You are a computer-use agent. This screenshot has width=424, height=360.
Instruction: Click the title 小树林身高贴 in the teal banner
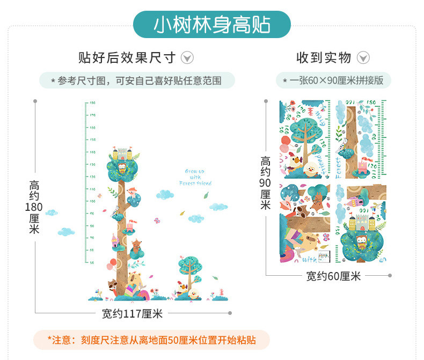(x=212, y=25)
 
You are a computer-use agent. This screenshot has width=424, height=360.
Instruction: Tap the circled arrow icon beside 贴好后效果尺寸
(x=187, y=57)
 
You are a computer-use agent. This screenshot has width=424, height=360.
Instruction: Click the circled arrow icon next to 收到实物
(x=363, y=57)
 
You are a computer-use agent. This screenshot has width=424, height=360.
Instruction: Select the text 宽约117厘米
(x=132, y=313)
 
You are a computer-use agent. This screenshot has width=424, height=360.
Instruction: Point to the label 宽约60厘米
(x=333, y=276)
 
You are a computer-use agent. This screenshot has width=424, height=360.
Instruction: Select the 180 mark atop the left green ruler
(x=92, y=102)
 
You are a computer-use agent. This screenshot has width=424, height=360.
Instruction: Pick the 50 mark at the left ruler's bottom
(x=92, y=262)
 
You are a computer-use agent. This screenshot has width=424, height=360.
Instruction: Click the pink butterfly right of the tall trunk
(x=157, y=220)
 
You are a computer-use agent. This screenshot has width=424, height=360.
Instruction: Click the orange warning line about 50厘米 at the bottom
(x=152, y=340)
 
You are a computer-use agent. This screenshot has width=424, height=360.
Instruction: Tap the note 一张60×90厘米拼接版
(x=333, y=80)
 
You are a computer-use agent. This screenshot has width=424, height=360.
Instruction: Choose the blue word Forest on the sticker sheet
(x=339, y=167)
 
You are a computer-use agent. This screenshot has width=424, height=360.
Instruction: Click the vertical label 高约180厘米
(x=34, y=207)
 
